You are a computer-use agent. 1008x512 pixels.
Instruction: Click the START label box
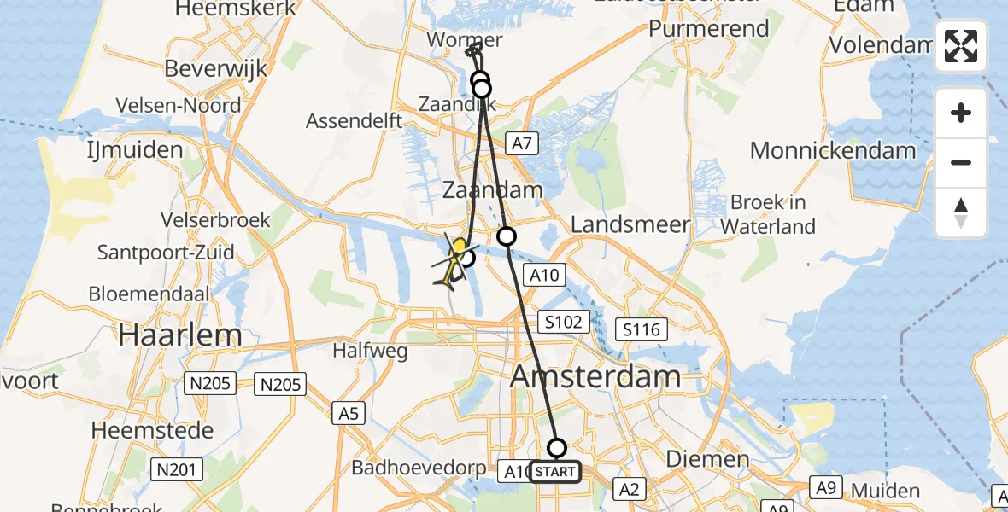coord(555,472)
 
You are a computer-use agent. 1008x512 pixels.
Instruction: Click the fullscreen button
coord(961,46)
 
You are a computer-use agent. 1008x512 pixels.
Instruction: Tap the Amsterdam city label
coord(595,376)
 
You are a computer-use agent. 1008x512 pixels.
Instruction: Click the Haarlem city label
coord(180,334)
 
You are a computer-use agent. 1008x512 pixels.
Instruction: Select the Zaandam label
coord(493,189)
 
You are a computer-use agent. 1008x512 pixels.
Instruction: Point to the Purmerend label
coord(709,28)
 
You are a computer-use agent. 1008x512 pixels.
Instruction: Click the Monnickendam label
coord(833,151)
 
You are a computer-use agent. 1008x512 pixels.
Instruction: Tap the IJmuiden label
coord(135,150)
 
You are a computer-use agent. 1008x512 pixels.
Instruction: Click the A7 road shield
coord(522,144)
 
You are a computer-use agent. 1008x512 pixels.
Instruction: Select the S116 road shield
coord(642,329)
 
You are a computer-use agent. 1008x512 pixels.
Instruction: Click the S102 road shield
coord(565,322)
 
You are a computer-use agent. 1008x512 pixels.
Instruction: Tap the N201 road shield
coord(178,468)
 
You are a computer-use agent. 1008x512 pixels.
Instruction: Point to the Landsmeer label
coord(630,224)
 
